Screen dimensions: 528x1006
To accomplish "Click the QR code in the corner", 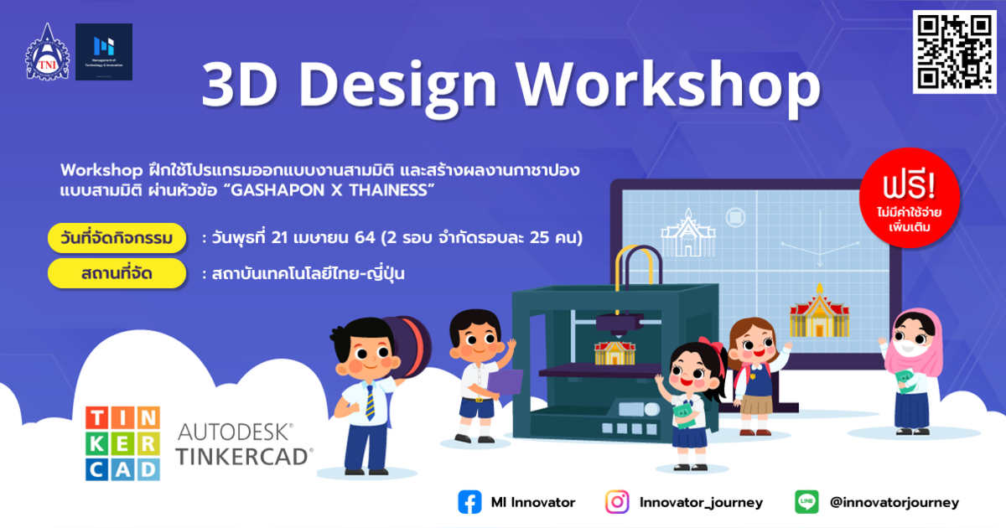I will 954,52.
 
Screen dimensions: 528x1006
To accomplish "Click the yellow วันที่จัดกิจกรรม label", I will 117,238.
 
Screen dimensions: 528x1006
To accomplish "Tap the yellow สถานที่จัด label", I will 117,273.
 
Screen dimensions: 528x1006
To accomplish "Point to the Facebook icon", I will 469,502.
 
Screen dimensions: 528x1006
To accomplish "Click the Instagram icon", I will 617,502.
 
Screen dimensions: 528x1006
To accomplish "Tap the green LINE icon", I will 806,502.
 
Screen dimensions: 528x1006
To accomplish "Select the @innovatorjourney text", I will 894,503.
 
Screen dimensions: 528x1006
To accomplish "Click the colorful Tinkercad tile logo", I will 122,443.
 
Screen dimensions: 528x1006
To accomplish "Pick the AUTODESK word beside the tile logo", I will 235,432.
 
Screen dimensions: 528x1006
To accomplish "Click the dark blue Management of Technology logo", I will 104,52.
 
